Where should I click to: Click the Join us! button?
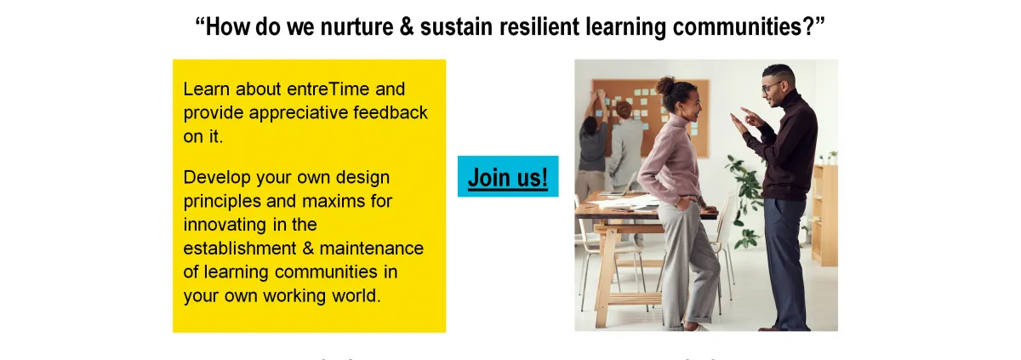pos(508,176)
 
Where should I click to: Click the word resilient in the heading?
pos(539,26)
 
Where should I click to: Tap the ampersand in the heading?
pos(407,26)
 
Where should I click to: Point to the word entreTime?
pos(328,89)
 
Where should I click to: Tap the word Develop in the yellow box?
pos(217,178)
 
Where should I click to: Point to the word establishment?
pos(240,249)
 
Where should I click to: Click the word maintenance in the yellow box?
pos(372,249)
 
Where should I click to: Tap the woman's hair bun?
pos(666,85)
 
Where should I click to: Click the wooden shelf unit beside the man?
pos(824,214)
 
